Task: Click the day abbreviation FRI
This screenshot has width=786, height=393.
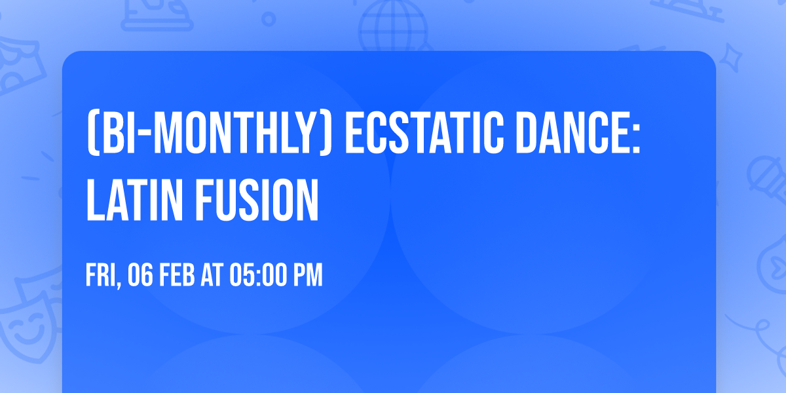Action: point(101,276)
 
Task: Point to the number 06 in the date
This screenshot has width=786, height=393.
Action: point(141,276)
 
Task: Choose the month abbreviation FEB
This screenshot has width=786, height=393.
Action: point(178,276)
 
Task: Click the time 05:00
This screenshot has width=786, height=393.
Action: point(257,276)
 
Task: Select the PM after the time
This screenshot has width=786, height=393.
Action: point(307,276)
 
